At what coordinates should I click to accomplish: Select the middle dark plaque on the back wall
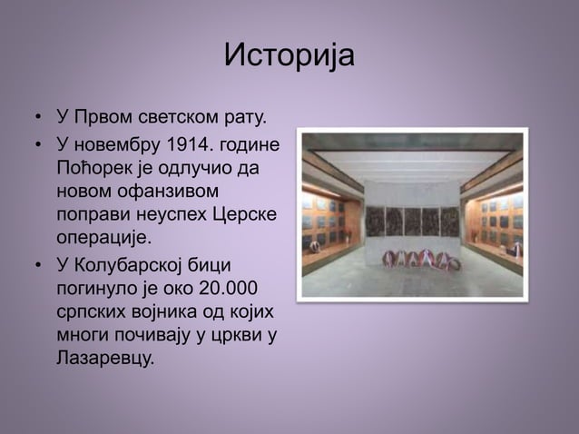point(412,221)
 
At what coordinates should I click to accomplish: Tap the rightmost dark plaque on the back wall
point(450,221)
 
